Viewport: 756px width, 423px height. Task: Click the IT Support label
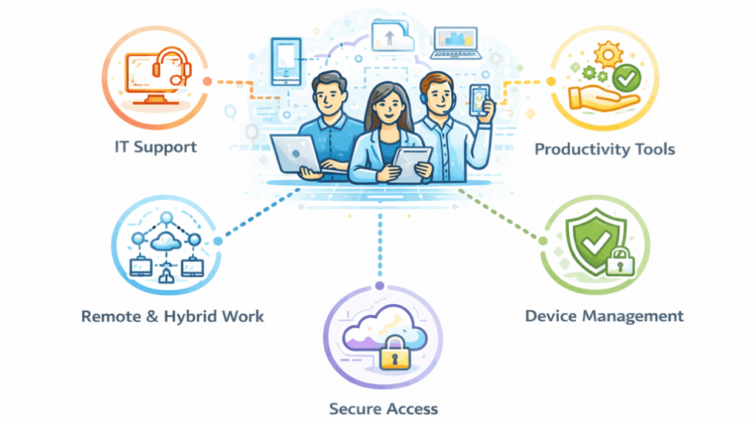click(x=155, y=146)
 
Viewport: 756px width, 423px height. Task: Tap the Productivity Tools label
click(x=604, y=149)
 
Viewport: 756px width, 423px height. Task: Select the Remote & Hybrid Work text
click(x=172, y=317)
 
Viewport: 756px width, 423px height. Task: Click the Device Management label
click(x=604, y=316)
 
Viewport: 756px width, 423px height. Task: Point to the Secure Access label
click(x=383, y=408)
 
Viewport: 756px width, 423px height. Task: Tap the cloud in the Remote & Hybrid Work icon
click(x=165, y=241)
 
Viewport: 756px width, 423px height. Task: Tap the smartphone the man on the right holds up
click(x=481, y=99)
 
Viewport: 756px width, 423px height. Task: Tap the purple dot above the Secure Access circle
click(x=379, y=285)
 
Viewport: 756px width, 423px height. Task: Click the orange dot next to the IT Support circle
click(x=207, y=81)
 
